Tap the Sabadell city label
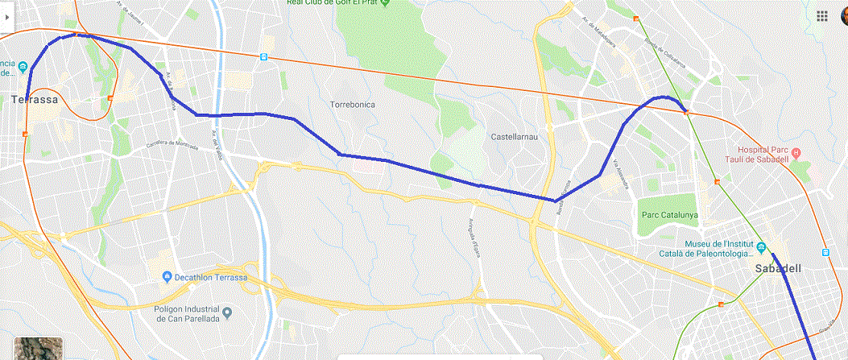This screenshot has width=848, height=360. tap(776, 270)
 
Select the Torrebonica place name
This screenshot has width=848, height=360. tap(352, 105)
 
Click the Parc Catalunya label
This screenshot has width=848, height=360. tap(668, 215)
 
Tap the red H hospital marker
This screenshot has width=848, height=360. tap(796, 152)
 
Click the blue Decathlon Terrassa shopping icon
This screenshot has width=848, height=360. tap(167, 277)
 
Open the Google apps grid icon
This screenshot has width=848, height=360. tap(821, 16)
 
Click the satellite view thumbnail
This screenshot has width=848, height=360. tap(37, 348)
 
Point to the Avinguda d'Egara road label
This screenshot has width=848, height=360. tap(474, 234)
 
